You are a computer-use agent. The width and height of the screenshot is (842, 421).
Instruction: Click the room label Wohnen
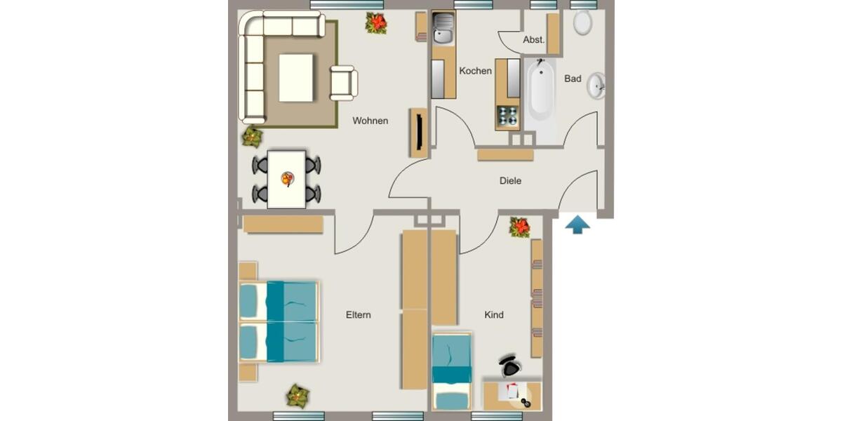(370, 121)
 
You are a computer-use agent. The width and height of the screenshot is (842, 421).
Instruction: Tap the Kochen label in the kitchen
(475, 71)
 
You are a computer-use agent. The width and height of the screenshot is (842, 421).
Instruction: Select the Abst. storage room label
(533, 40)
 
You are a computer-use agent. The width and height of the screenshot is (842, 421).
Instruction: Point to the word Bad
(573, 79)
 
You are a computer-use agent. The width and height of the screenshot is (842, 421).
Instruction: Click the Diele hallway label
(510, 180)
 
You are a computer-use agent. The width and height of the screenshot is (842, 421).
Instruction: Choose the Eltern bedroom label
(358, 315)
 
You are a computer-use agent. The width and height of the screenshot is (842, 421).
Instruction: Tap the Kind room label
(494, 315)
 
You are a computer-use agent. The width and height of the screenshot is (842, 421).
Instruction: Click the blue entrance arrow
(577, 225)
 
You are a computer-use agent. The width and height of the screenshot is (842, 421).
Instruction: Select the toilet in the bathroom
(582, 22)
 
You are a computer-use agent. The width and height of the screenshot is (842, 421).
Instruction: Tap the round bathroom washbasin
(596, 86)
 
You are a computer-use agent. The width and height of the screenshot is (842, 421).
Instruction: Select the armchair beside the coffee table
(344, 82)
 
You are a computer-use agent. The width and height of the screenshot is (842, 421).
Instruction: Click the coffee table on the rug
(297, 78)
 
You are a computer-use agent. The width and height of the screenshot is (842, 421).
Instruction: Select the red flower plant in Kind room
(520, 227)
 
